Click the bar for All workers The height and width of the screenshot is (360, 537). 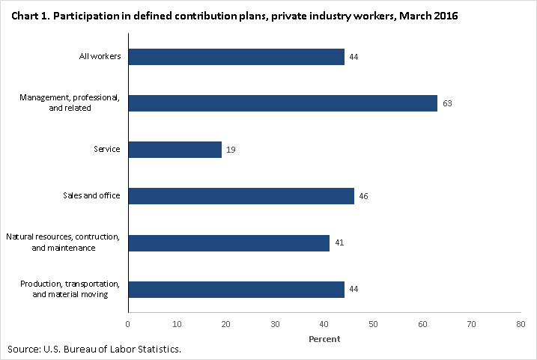236,57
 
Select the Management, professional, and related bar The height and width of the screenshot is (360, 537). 282,103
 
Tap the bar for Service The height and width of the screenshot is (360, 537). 175,150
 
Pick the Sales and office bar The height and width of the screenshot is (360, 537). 240,196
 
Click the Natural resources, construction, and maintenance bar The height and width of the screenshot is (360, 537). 228,242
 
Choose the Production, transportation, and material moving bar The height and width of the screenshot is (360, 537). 236,289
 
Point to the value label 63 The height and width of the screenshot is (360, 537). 447,103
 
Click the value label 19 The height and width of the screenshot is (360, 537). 231,150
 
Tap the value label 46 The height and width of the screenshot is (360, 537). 364,196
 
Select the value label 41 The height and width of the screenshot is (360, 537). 339,242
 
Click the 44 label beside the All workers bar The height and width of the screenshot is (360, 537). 354,57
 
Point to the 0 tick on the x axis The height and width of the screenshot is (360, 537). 128,324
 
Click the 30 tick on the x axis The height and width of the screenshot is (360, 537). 275,324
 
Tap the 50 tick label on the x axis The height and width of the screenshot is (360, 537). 373,324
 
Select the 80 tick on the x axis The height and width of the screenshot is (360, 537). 521,324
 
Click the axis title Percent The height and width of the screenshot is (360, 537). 324,339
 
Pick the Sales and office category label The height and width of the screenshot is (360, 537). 92,196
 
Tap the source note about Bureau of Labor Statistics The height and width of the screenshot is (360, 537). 94,350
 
